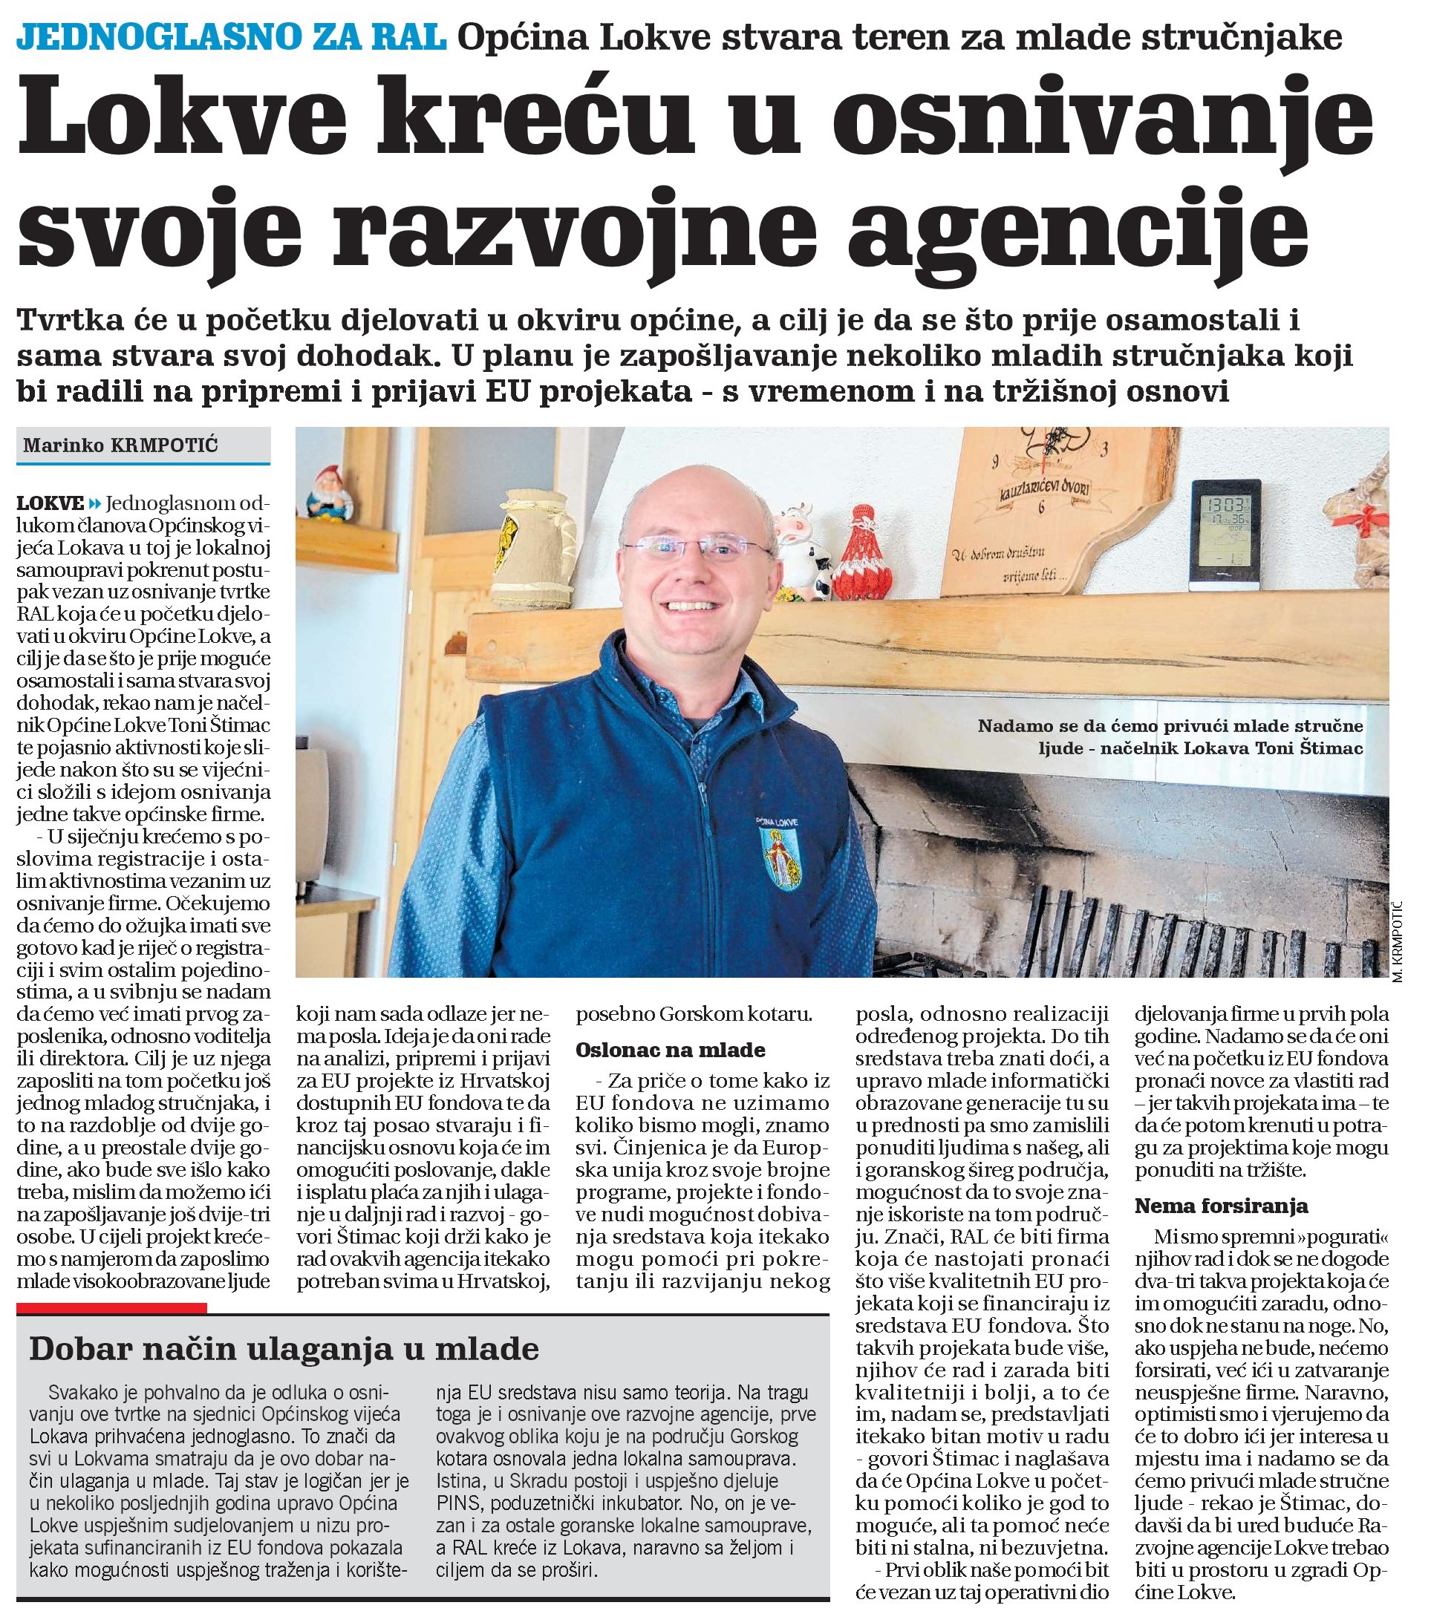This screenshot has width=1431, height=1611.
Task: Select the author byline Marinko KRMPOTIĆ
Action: (x=120, y=446)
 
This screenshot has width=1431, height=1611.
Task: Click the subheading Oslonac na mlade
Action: (x=669, y=1050)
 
